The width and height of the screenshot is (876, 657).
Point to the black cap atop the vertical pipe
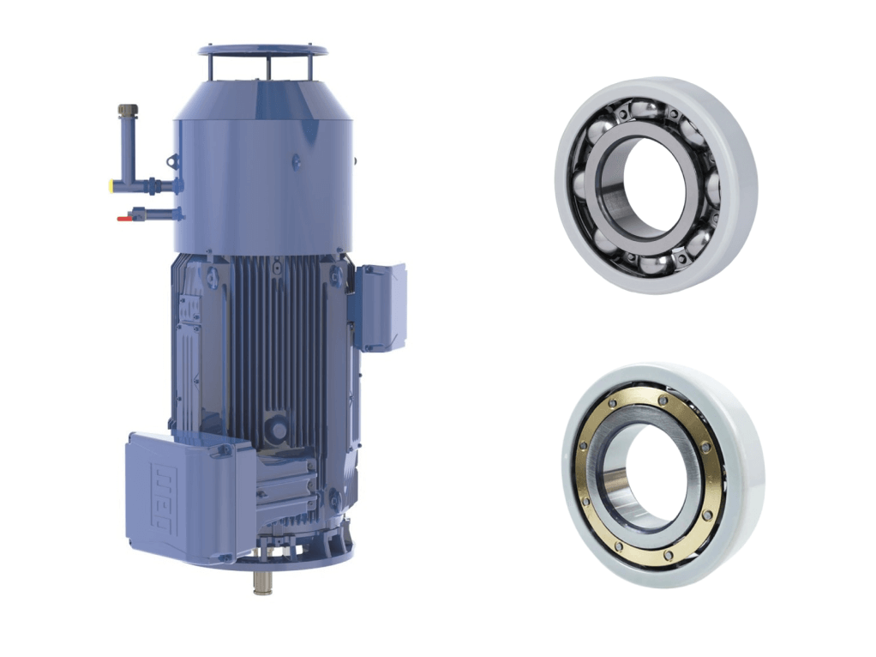click(x=128, y=111)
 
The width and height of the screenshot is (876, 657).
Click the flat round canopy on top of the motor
click(x=262, y=51)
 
